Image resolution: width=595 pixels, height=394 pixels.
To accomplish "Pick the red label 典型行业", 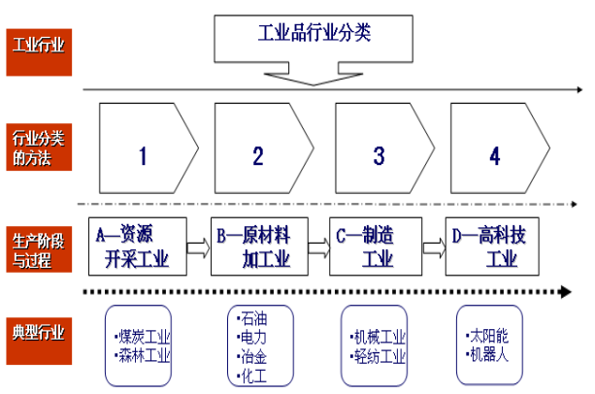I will pyautogui.click(x=40, y=333).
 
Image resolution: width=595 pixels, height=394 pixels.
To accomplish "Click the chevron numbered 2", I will pyautogui.click(x=258, y=155).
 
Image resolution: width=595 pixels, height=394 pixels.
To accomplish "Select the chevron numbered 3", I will pyautogui.click(x=379, y=155).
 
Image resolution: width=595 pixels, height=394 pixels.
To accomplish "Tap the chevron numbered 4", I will pyautogui.click(x=495, y=155).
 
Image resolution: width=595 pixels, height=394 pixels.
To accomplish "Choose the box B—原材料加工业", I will pyautogui.click(x=258, y=246).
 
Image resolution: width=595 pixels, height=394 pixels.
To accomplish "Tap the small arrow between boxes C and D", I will pyautogui.click(x=434, y=248).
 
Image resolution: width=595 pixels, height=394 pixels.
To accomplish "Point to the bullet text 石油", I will pyautogui.click(x=254, y=316).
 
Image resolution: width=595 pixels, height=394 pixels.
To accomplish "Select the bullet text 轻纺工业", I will pyautogui.click(x=380, y=355).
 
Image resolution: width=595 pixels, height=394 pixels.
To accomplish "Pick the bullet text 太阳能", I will pyautogui.click(x=489, y=336).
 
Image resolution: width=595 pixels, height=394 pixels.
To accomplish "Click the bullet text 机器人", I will pyautogui.click(x=489, y=354).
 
